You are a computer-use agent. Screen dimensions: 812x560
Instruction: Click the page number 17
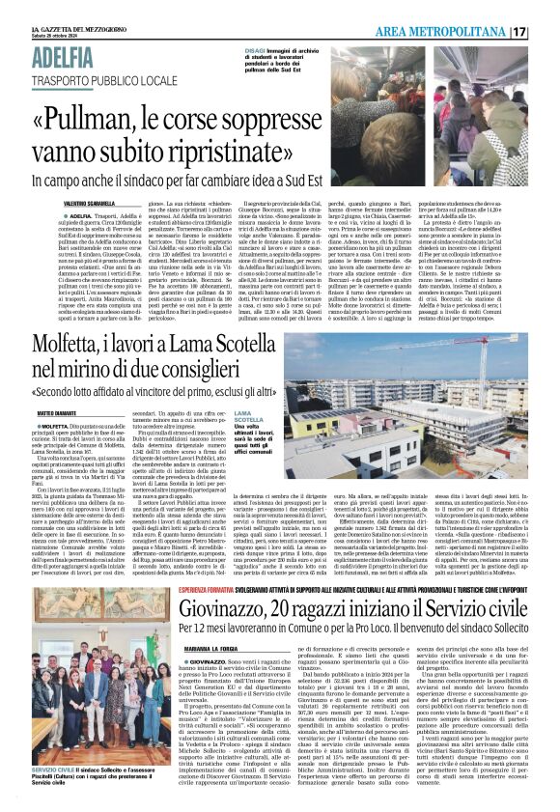tap(546, 32)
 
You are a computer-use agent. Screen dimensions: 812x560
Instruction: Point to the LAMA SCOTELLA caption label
tap(249, 417)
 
